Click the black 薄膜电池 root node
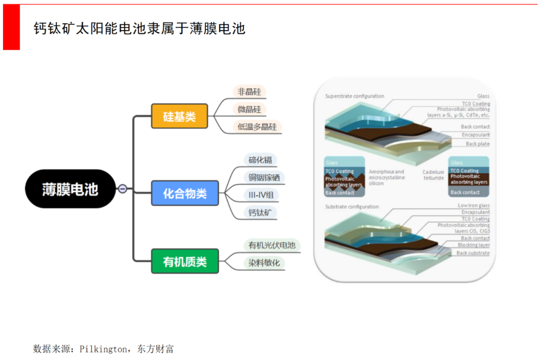(x=70, y=189)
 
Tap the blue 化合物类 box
(x=185, y=193)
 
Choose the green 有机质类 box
(x=185, y=261)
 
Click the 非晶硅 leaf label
(x=249, y=91)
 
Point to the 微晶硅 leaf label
(x=249, y=109)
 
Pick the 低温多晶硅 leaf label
(x=257, y=127)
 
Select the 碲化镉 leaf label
(x=260, y=160)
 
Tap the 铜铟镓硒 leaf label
(x=263, y=177)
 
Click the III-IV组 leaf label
(x=260, y=195)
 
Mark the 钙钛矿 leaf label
(x=260, y=212)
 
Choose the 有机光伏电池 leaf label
(x=272, y=245)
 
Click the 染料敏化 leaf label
(x=263, y=263)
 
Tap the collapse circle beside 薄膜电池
(x=122, y=189)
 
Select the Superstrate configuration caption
(x=354, y=96)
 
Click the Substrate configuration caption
(x=352, y=207)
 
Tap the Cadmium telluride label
(x=433, y=174)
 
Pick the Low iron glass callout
(x=473, y=205)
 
